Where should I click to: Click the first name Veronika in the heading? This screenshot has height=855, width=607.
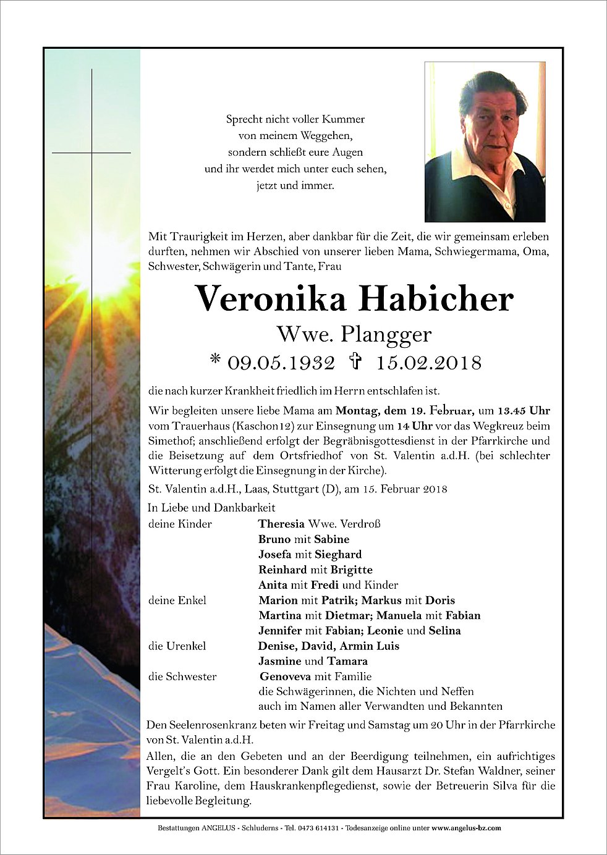pos(272,299)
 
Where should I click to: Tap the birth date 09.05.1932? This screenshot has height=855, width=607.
pos(281,363)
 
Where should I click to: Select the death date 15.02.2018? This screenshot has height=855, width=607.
pos(428,363)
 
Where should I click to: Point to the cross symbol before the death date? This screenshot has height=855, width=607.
pos(355,361)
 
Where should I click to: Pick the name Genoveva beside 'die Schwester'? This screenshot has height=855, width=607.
pos(286,676)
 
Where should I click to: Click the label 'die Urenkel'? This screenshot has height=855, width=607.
pos(177,646)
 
